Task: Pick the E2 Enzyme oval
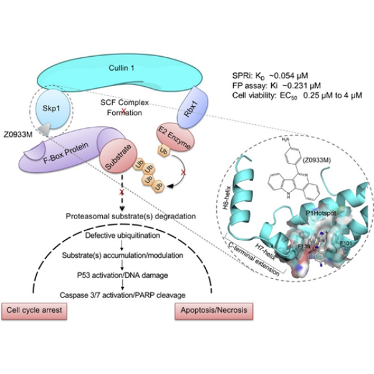click(x=176, y=137)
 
